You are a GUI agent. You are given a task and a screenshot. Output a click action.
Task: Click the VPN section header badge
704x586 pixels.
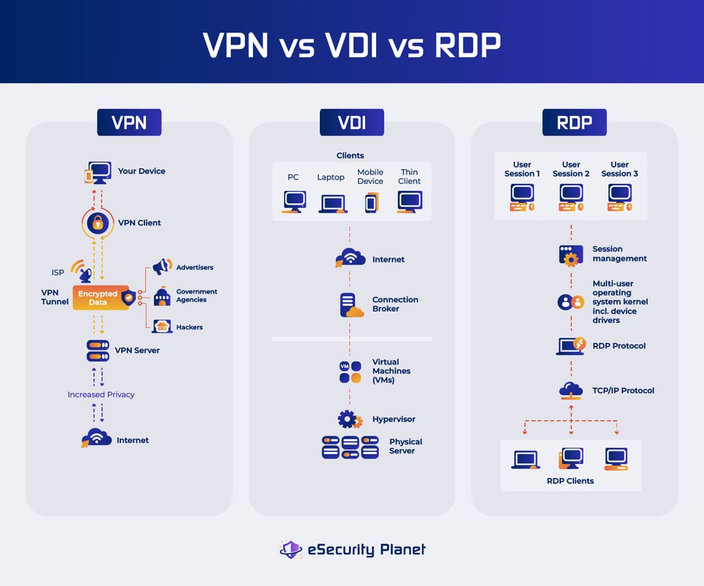tap(129, 122)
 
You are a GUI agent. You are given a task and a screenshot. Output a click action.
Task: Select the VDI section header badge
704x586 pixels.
tap(351, 122)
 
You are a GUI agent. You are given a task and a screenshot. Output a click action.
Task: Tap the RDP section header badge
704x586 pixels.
tap(574, 122)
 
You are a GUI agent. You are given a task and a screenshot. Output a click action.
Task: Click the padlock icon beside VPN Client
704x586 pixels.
tap(98, 223)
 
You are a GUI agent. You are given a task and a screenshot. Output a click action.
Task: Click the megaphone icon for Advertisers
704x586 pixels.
tap(162, 267)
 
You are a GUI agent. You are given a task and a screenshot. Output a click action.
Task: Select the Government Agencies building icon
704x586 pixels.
tap(162, 296)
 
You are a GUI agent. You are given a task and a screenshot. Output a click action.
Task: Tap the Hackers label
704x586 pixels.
tap(189, 327)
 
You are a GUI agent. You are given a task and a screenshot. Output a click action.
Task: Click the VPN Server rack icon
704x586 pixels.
tap(98, 350)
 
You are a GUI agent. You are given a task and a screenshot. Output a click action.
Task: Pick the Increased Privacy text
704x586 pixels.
tap(101, 394)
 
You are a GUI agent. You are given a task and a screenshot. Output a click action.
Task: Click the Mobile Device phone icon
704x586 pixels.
tap(371, 203)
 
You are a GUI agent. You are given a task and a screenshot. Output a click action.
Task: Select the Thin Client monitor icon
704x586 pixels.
tap(410, 202)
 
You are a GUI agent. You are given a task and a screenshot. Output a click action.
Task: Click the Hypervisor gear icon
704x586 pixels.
tap(350, 419)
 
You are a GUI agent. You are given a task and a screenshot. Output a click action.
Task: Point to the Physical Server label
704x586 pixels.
tap(406, 446)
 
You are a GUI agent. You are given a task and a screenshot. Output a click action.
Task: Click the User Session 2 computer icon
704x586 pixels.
tap(571, 196)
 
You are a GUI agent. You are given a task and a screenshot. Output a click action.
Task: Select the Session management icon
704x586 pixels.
tap(571, 255)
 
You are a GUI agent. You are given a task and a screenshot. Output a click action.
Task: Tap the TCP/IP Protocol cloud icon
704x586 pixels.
tap(571, 390)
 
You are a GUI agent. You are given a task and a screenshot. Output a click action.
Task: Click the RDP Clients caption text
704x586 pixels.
tap(570, 481)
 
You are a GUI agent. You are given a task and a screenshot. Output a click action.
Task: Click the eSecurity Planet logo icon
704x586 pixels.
tap(291, 550)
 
